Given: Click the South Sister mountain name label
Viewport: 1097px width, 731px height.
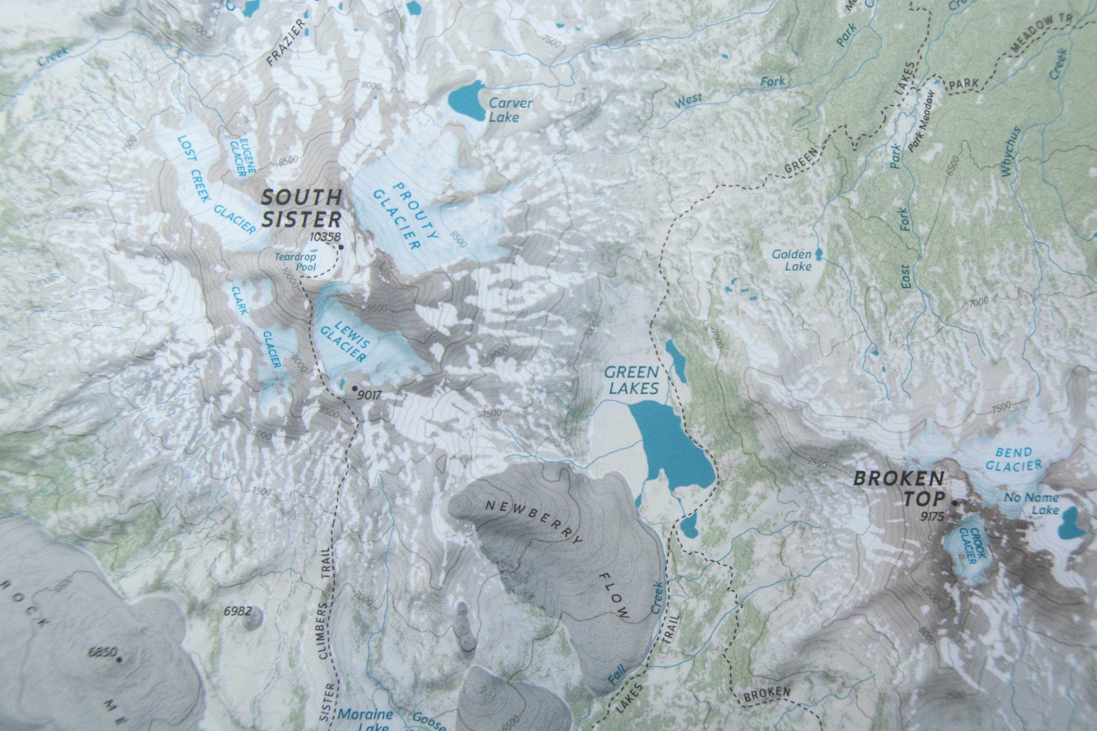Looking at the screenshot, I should [301, 208].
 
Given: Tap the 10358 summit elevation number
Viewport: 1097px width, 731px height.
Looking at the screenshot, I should [325, 237].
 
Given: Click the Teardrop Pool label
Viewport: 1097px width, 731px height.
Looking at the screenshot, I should [295, 262].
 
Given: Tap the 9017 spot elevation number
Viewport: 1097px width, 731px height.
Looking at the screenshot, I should [369, 395].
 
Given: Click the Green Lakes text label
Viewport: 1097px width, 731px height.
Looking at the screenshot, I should [632, 380].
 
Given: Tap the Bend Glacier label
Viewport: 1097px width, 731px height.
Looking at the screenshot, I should [1013, 459].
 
